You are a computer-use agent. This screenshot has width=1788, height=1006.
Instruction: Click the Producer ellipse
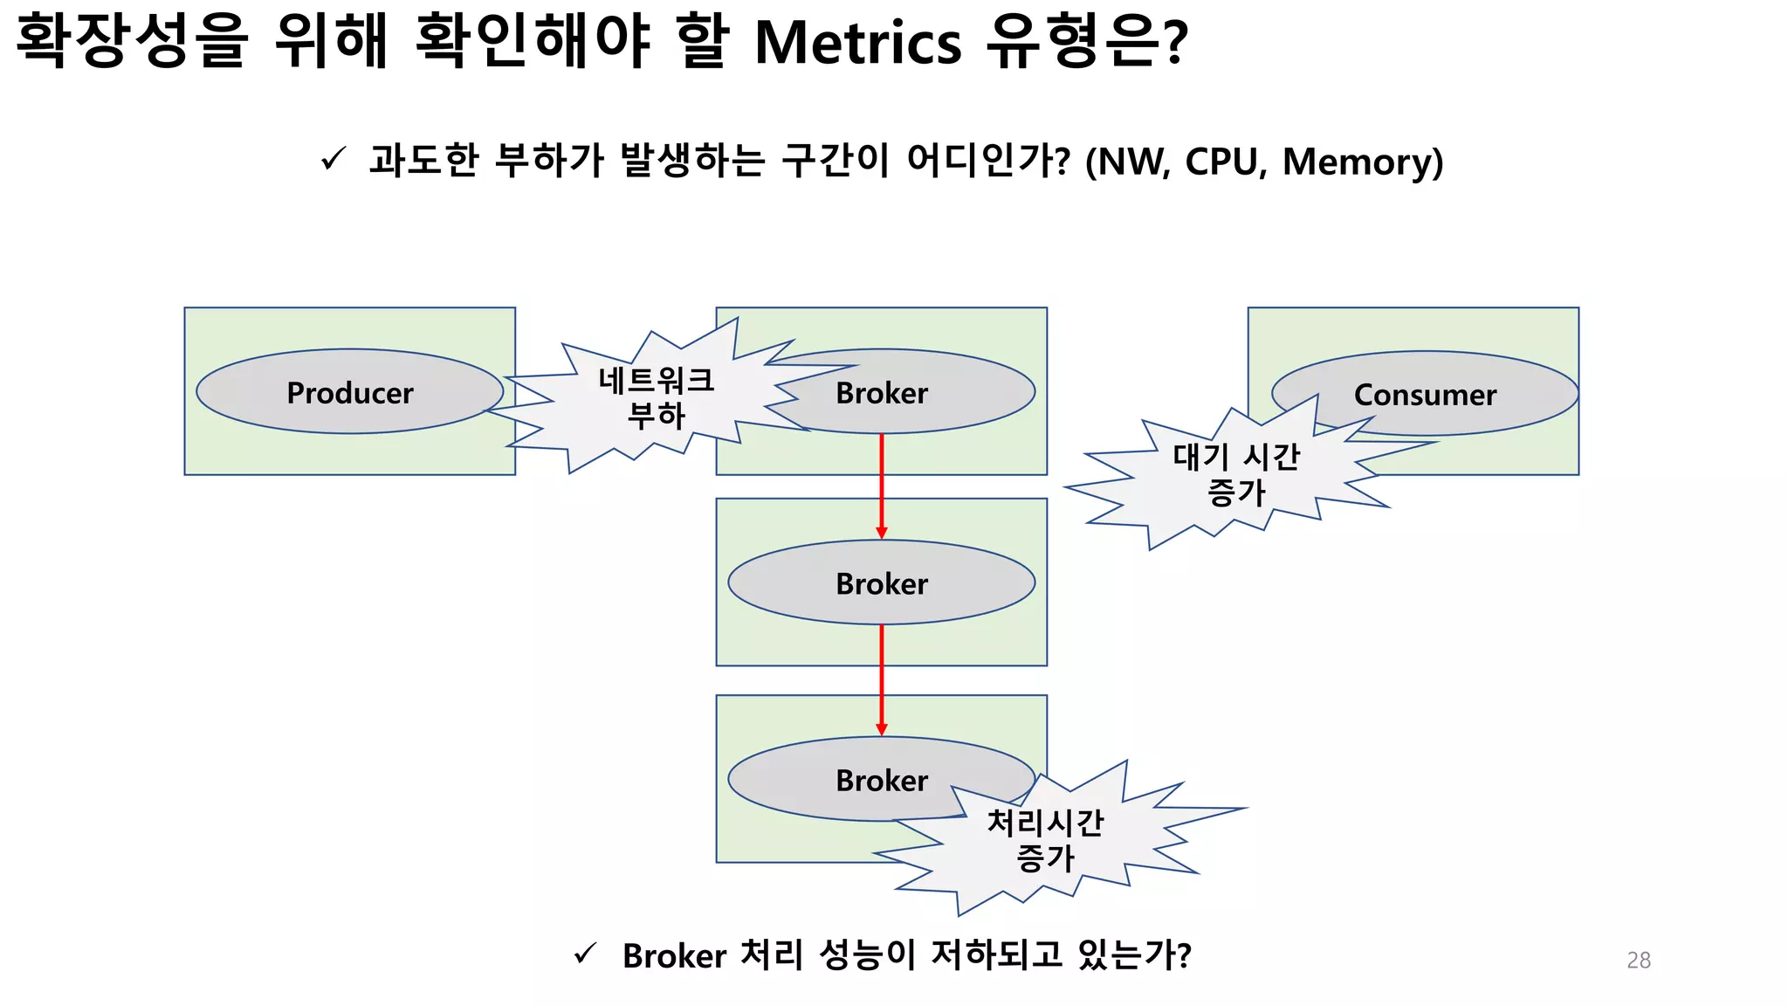(x=349, y=392)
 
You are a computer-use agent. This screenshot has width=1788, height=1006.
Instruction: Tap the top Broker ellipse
(x=908, y=392)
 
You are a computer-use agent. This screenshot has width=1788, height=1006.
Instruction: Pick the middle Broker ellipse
(x=882, y=582)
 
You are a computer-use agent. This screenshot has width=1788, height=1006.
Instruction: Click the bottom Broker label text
(x=882, y=780)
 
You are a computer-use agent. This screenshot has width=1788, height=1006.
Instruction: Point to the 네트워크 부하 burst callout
(x=657, y=398)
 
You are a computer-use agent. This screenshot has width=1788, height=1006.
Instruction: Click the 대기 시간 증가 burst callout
(x=1235, y=475)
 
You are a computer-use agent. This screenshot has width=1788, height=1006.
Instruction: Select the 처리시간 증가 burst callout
(x=1045, y=840)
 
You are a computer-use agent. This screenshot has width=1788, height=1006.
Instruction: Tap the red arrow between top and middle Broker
(x=882, y=486)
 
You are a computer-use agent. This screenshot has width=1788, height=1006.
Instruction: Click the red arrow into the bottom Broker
(x=882, y=679)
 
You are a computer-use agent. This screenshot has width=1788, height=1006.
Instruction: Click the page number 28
(x=1639, y=960)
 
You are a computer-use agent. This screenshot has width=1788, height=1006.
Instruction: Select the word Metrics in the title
(x=857, y=42)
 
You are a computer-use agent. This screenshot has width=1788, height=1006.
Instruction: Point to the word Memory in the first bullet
(x=1355, y=162)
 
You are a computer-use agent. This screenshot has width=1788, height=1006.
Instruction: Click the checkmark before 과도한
(x=334, y=159)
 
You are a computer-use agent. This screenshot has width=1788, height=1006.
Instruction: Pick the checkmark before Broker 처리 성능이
(x=586, y=954)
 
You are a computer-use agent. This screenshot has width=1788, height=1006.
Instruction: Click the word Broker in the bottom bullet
(x=674, y=956)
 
